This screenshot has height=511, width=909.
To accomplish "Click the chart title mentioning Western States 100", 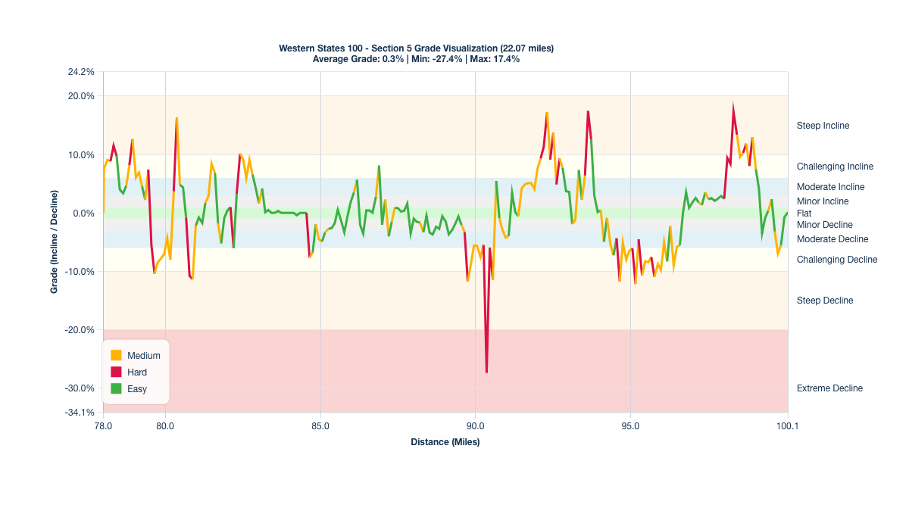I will [416, 48].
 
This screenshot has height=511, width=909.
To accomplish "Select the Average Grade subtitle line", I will [416, 59].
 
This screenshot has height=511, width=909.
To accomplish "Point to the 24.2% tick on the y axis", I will [81, 72].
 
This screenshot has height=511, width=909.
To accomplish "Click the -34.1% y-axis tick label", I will [80, 413].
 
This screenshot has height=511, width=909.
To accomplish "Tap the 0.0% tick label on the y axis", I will [83, 213].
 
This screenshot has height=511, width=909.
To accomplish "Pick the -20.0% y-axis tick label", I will [80, 330].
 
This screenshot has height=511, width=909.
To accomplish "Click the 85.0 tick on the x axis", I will [320, 425].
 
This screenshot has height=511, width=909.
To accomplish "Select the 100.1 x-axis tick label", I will [788, 425].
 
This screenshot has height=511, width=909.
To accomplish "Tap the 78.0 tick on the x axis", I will [104, 425].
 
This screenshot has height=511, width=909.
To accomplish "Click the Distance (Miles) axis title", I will [445, 442].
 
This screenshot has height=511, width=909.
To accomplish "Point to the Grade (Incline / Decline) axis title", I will [55, 242].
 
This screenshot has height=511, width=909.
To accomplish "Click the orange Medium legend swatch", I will [116, 355].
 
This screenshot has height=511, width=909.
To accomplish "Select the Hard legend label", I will [137, 372].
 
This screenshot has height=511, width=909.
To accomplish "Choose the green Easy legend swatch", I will [116, 389].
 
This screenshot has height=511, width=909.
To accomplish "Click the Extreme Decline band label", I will [829, 388].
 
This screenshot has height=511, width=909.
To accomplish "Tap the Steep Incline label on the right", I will [823, 126].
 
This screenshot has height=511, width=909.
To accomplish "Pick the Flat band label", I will [804, 213].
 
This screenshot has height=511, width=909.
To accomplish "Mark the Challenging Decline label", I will [837, 260].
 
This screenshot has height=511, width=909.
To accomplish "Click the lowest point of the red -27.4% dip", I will [486, 372].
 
